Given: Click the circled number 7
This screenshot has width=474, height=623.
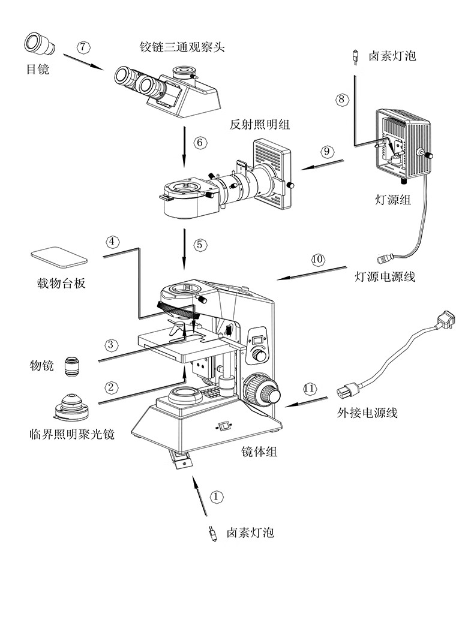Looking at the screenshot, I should pos(84,46).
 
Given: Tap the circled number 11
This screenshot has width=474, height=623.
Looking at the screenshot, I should pos(309,389).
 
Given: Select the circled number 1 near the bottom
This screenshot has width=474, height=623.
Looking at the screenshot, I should pos(217,496).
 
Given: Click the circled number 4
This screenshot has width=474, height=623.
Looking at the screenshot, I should pos(113,242).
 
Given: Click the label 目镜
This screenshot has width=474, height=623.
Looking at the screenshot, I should pos(37,70).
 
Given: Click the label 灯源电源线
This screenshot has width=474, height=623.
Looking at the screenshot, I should pos(385,277).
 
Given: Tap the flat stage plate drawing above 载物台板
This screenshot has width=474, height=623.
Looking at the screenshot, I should pos(59,257).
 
